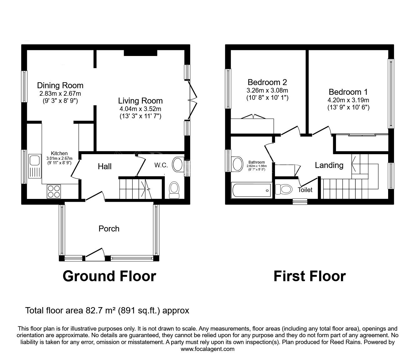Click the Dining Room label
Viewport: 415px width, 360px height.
(60, 85)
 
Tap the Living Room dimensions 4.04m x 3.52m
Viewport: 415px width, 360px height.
(140, 109)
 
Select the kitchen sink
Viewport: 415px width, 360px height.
(35, 166)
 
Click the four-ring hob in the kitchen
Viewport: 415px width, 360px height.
(54, 191)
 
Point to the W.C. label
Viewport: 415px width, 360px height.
(161, 165)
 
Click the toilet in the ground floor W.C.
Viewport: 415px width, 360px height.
(174, 190)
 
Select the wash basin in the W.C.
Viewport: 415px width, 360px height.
(177, 165)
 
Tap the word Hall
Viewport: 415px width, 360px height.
(105, 166)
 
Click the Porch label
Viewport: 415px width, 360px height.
(109, 229)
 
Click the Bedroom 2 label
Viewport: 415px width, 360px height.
(267, 82)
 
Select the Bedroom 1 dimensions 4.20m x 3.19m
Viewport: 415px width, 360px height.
(348, 100)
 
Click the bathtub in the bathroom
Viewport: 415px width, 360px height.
(252, 190)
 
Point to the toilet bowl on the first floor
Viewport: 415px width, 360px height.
(283, 189)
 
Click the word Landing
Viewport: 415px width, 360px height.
(329, 165)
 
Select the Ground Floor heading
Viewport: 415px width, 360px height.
(109, 276)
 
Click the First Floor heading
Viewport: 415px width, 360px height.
(310, 276)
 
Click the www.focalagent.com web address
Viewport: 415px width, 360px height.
(207, 349)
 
